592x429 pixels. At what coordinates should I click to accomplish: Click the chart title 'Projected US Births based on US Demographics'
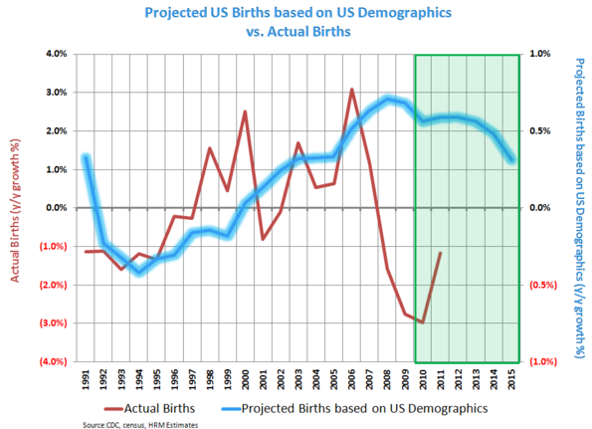(x=296, y=13)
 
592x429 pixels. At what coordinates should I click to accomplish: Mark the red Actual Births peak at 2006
(x=351, y=90)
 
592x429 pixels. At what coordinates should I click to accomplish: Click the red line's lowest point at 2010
(x=423, y=322)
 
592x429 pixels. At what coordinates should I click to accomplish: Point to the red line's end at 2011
(x=441, y=253)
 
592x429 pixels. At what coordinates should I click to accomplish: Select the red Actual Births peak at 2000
(x=245, y=111)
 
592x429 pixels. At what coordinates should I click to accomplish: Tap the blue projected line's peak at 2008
(x=388, y=99)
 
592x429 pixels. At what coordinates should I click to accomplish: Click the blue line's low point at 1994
(x=139, y=271)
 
